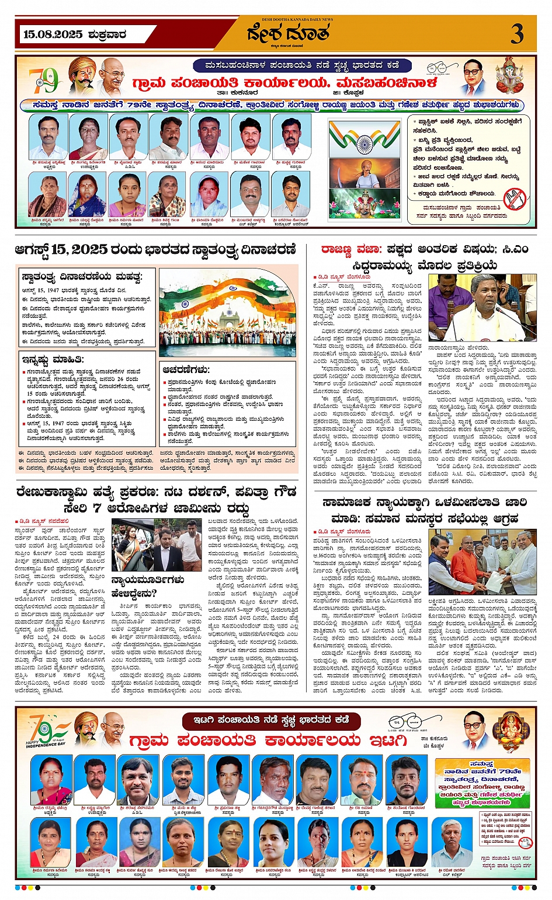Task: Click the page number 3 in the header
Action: (x=517, y=34)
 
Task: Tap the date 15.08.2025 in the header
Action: (x=53, y=34)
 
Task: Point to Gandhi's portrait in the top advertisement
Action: (x=112, y=76)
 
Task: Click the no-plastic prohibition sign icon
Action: (x=514, y=199)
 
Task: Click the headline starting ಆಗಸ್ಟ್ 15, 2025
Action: (x=155, y=250)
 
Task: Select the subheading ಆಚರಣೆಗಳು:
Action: (x=186, y=369)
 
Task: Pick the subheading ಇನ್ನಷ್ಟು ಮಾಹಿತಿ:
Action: (x=53, y=360)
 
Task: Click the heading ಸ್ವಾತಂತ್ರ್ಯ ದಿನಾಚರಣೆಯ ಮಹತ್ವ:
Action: (x=82, y=276)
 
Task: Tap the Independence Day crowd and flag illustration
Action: (x=227, y=312)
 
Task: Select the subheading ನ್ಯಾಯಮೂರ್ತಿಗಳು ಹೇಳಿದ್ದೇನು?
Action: (x=148, y=587)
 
